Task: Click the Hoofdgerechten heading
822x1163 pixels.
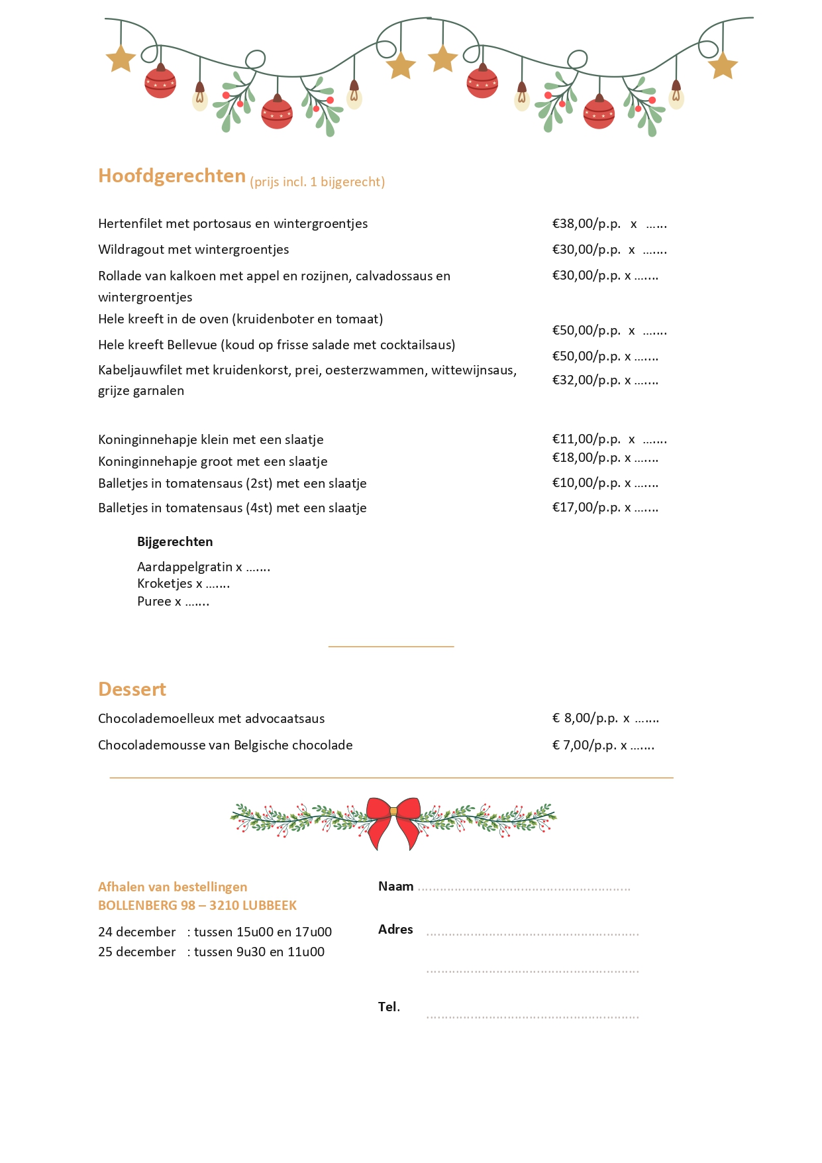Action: click(x=172, y=176)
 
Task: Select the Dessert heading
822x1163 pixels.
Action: click(x=132, y=689)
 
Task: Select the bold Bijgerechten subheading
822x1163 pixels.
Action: click(x=175, y=541)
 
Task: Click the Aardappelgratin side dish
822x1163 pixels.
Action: click(x=185, y=567)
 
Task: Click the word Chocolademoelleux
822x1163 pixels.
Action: click(x=156, y=718)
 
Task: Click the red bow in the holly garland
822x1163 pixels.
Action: click(x=393, y=822)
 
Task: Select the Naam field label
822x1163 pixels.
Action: click(x=395, y=886)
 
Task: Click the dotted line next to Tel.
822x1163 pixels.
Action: click(x=533, y=1015)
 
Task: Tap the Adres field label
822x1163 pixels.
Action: click(x=395, y=929)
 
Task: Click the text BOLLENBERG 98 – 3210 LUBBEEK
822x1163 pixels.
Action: click(x=197, y=905)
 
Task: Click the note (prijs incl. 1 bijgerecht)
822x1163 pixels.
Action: click(x=317, y=182)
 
